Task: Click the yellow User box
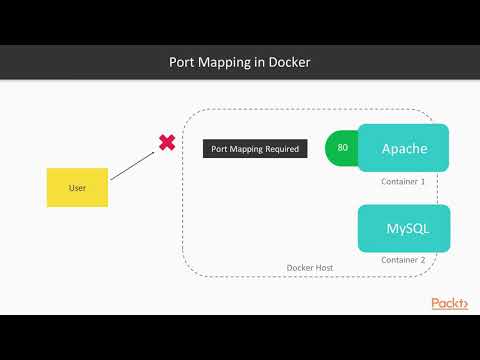[x=77, y=187]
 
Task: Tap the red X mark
[x=167, y=143]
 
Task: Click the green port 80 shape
[x=341, y=148]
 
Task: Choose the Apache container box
[x=404, y=148]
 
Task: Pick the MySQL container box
[x=404, y=228]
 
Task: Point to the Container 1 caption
[x=403, y=182]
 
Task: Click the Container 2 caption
[x=403, y=260]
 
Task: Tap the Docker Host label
[x=310, y=268]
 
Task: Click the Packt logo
[x=449, y=303]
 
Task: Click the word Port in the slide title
[x=182, y=62]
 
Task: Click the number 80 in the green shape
[x=343, y=148]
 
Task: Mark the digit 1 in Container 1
[x=423, y=182]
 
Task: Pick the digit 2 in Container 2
[x=423, y=260]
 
